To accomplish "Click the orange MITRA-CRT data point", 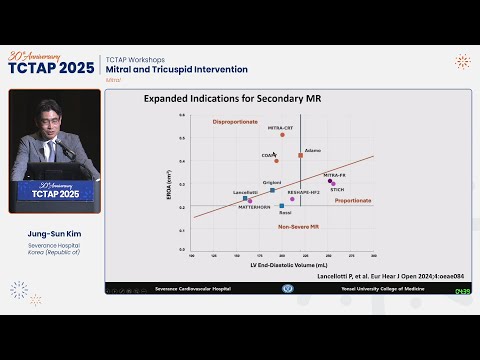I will tap(282, 134).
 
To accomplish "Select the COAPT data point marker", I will tap(277, 161).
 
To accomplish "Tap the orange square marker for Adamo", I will tap(300, 156).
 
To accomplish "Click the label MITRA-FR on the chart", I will tap(335, 175).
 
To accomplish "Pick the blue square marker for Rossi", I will tap(282, 206).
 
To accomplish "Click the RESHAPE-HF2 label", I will tap(303, 191).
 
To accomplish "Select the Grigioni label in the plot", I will tap(272, 182).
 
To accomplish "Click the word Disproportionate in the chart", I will tap(236, 122).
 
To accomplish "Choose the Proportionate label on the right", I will tap(353, 200).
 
